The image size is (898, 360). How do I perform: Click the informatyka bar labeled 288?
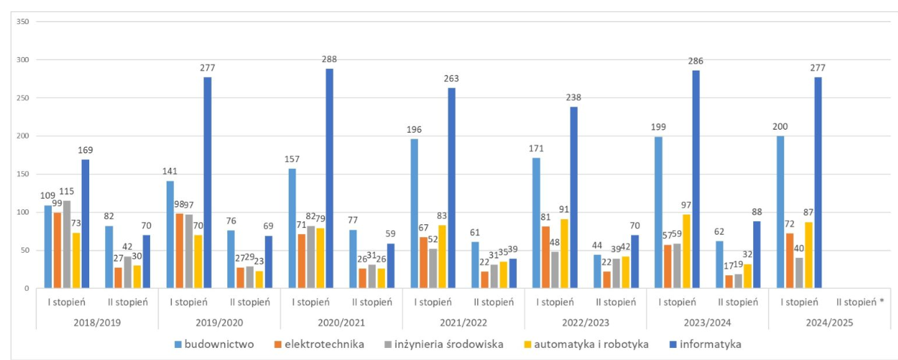click(329, 178)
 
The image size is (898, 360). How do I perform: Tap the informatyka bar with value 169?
click(86, 223)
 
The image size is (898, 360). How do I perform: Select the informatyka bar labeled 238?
click(574, 197)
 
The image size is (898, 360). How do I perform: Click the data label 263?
click(452, 77)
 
